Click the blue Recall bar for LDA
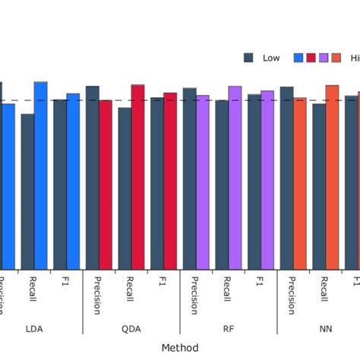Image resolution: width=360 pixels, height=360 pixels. [40, 175]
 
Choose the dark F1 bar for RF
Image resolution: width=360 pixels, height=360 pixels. [254, 182]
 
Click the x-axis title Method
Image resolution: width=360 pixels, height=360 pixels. [180, 348]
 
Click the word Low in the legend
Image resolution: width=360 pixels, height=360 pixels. [271, 58]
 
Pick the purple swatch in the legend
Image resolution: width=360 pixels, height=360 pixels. [324, 58]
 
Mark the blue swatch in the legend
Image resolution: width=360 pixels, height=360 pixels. [298, 58]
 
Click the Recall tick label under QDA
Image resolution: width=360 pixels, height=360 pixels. [131, 292]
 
